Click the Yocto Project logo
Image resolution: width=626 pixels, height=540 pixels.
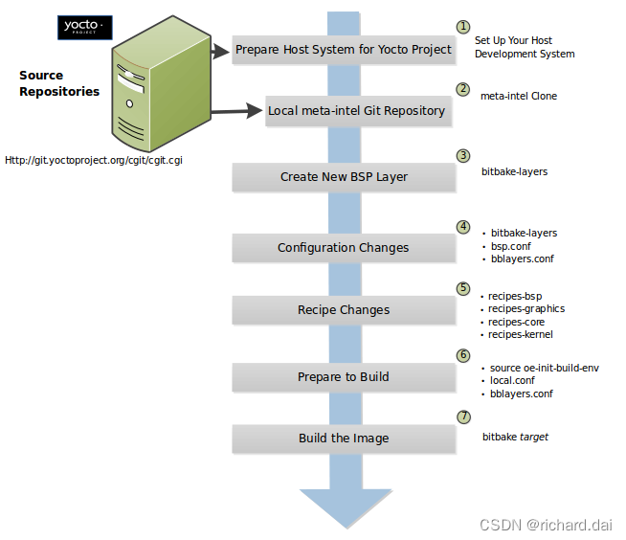85,27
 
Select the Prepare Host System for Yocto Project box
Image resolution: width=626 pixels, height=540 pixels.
344,50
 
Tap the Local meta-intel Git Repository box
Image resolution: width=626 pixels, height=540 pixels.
356,110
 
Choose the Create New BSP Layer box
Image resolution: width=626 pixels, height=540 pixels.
344,176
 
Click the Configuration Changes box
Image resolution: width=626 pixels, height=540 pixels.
344,247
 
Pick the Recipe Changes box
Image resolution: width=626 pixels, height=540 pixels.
344,310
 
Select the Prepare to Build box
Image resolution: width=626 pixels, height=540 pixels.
344,376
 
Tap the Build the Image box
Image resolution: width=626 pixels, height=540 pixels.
344,439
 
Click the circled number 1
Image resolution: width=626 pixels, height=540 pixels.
463,28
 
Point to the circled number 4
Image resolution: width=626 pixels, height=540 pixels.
463,227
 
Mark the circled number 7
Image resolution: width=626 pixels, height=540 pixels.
464,416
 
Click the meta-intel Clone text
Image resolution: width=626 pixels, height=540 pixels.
518,96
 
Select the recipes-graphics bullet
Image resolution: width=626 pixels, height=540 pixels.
525,308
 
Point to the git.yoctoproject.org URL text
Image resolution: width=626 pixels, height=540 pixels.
94,160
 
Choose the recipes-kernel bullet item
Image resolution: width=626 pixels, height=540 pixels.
520,334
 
